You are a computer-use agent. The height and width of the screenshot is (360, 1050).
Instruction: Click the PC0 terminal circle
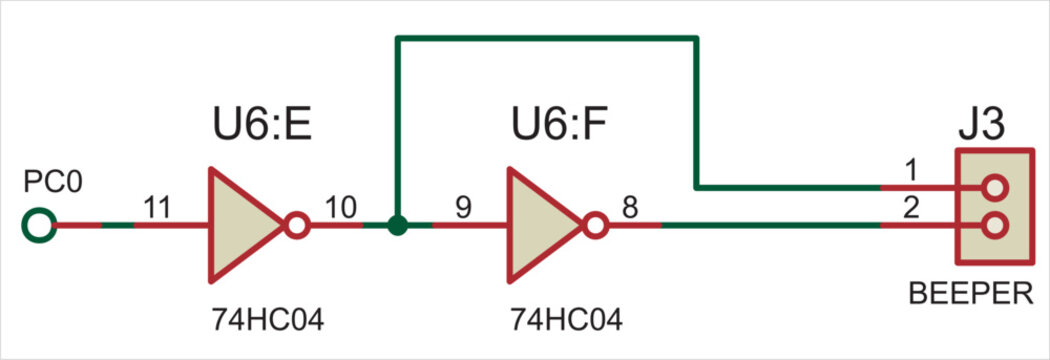(x=38, y=225)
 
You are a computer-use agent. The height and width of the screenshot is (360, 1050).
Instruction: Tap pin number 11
(x=157, y=207)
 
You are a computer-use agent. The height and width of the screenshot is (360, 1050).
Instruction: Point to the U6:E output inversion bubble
(x=296, y=225)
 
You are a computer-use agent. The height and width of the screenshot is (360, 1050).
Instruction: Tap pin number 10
(x=342, y=207)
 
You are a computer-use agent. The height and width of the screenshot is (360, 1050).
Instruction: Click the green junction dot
(x=398, y=225)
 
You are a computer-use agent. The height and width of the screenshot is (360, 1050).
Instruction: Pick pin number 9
(x=462, y=207)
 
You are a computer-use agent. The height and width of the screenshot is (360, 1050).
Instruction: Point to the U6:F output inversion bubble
(x=596, y=225)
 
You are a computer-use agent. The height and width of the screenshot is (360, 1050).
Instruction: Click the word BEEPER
(x=970, y=294)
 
